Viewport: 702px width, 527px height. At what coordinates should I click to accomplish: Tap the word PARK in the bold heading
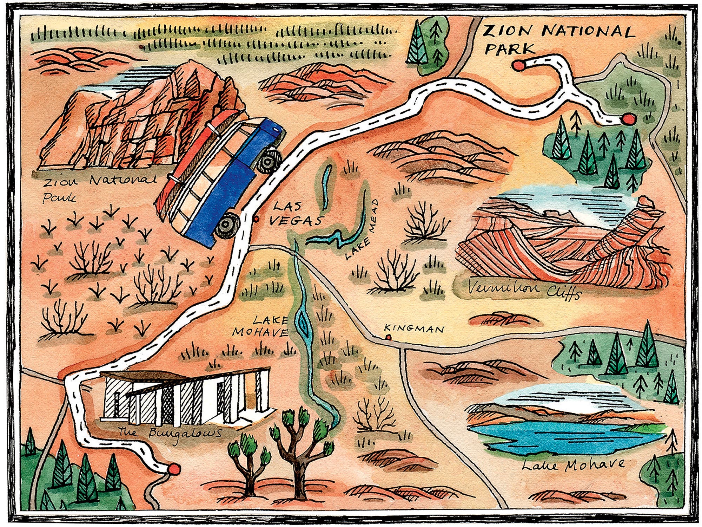[510, 49]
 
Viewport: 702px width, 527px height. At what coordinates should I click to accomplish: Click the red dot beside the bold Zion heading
[517, 65]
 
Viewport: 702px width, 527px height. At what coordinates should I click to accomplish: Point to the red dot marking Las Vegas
[256, 219]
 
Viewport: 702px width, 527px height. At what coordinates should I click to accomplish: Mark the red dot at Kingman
[388, 337]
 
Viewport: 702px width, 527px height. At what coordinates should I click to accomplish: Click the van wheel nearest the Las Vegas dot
[227, 225]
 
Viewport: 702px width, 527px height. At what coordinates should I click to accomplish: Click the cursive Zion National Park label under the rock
[98, 188]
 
